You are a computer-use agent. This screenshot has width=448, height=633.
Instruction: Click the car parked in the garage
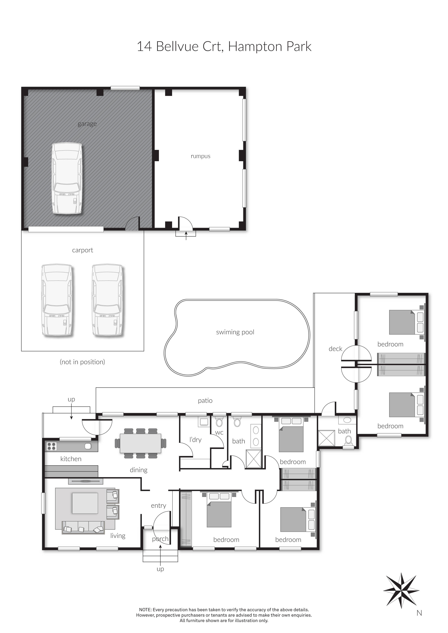(67, 179)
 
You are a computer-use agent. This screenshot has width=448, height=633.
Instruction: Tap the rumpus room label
(201, 156)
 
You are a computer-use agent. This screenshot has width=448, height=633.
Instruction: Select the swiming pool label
(235, 332)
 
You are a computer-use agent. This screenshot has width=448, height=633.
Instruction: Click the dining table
(140, 443)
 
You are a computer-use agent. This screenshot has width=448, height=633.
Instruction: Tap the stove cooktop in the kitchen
(52, 446)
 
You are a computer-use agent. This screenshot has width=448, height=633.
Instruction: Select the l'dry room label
(195, 440)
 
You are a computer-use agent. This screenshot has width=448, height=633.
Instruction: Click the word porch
(160, 539)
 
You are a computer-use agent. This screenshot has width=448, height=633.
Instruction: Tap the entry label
(158, 505)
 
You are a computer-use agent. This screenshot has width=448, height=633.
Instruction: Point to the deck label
(335, 349)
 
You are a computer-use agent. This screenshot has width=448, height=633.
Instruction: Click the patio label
(205, 401)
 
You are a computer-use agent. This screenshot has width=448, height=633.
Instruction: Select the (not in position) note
(82, 362)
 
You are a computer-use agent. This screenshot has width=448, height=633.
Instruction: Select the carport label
(83, 250)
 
